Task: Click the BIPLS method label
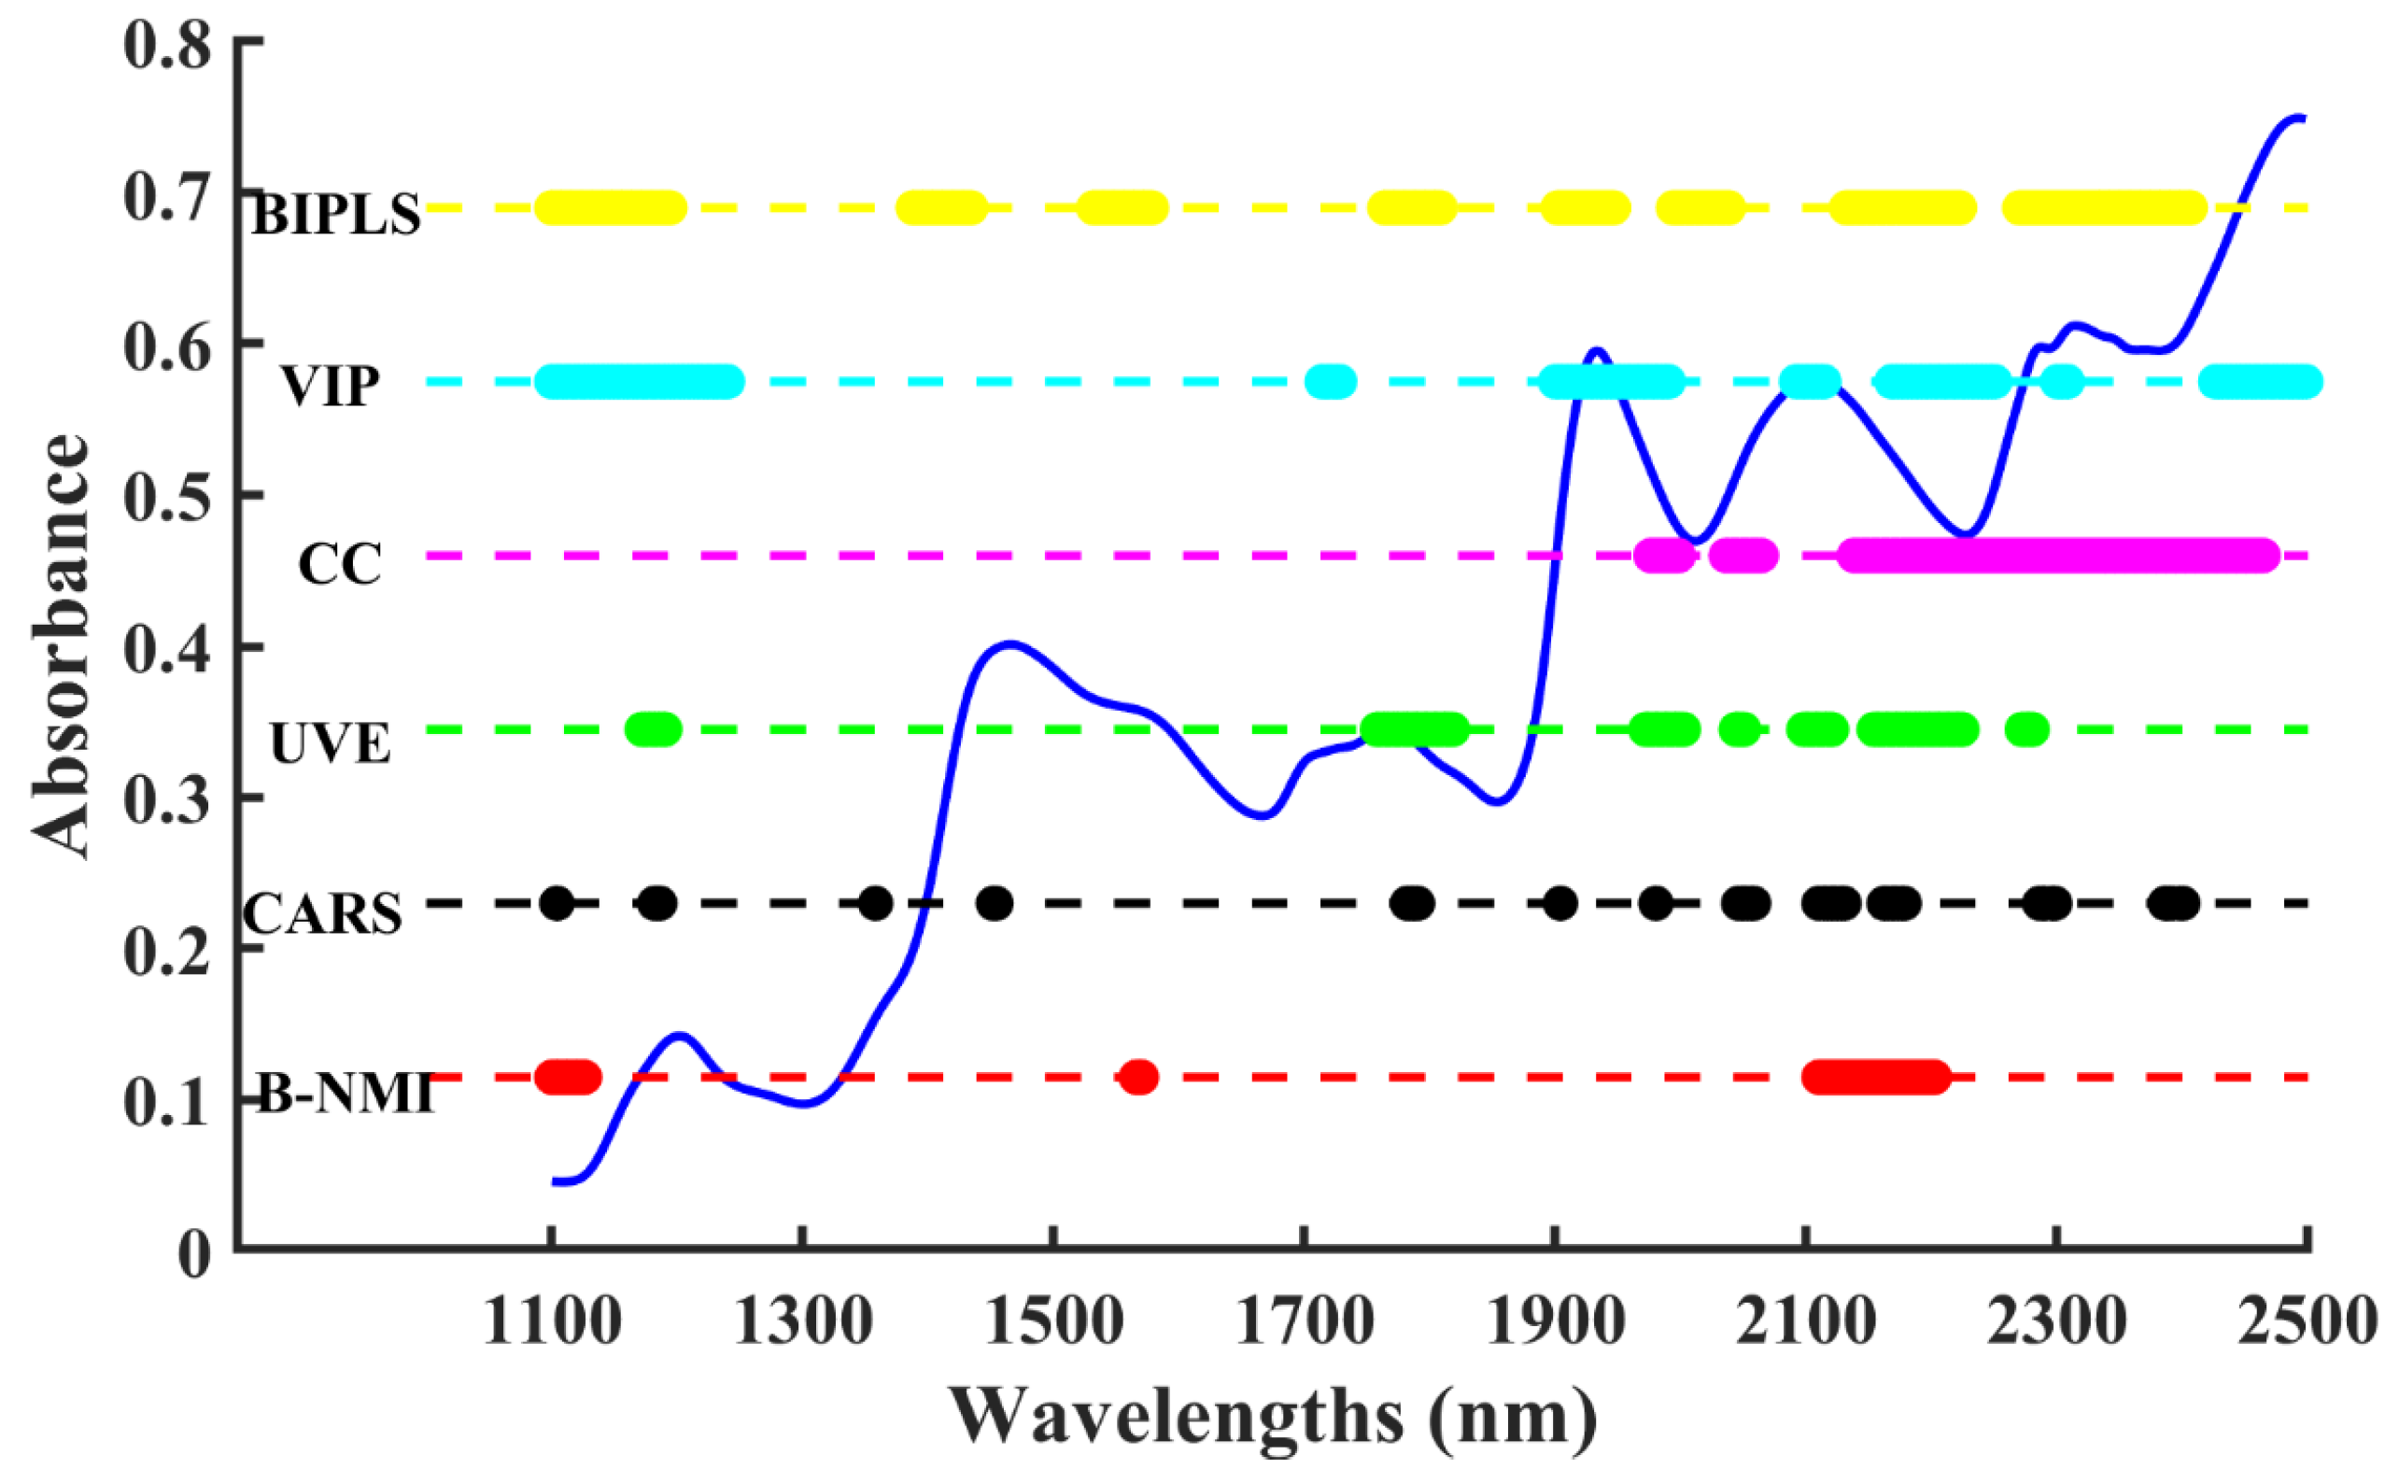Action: point(336,215)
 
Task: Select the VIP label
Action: point(331,386)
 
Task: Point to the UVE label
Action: point(331,743)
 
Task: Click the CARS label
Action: point(323,914)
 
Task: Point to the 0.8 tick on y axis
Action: point(167,47)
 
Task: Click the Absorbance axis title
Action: point(61,647)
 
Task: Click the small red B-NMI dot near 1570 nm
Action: point(1138,1077)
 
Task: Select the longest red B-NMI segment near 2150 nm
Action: point(1876,1077)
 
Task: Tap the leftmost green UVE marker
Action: point(653,728)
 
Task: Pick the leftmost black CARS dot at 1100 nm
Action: point(557,902)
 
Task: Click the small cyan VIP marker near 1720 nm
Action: point(1330,382)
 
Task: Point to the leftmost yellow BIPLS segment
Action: point(610,208)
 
